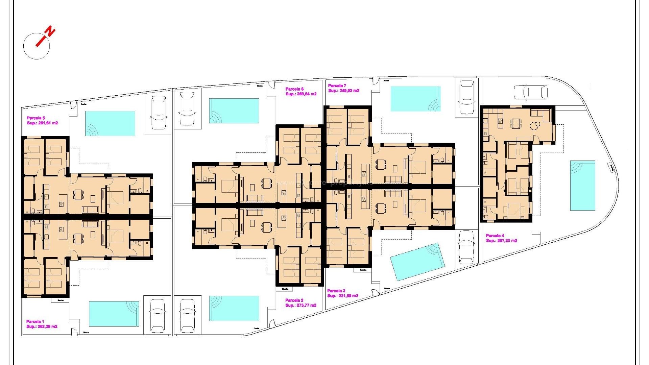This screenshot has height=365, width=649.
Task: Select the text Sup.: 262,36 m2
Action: coord(42,326)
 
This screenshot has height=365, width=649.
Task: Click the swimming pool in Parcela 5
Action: coord(110,123)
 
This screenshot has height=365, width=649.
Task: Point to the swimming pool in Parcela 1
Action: coord(114,314)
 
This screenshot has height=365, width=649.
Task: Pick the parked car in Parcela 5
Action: coord(159,113)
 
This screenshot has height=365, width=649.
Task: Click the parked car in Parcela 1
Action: coord(157,316)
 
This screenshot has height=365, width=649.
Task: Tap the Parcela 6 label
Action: coord(294,89)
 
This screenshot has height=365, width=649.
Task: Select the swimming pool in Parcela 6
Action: coord(234,111)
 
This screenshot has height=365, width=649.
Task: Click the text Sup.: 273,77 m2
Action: coord(301,305)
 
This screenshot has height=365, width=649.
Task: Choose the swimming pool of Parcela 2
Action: coord(234,308)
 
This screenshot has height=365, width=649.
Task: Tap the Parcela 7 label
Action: coord(337,86)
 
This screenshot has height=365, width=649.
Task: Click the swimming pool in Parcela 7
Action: coord(415,99)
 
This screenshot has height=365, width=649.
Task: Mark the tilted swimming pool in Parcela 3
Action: coord(417,262)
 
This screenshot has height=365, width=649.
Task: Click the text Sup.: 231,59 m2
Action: coord(343,296)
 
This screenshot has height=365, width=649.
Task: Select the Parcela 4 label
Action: coord(495,236)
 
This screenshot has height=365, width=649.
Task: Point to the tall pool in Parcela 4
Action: coord(582,185)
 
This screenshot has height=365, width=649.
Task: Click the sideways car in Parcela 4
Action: coord(530,92)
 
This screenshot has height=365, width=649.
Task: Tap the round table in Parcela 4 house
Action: coord(534,126)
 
